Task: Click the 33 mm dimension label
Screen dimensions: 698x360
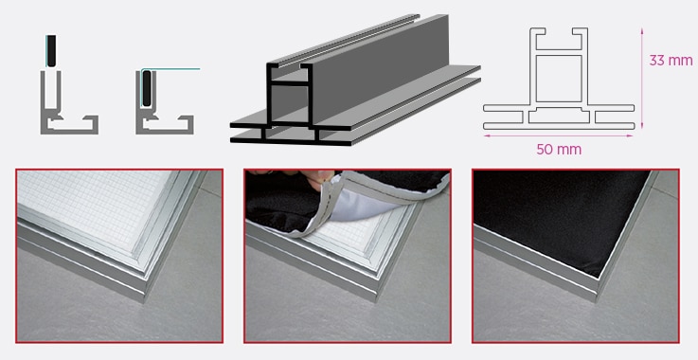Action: click(x=671, y=60)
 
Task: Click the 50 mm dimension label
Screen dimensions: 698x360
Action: click(x=559, y=150)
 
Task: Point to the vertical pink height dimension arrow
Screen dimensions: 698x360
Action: click(x=642, y=79)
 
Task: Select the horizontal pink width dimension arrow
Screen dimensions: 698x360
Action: click(x=559, y=135)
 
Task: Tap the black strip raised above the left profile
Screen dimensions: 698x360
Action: click(x=52, y=51)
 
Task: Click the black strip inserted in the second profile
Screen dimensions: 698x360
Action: click(x=147, y=89)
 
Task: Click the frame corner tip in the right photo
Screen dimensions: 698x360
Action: click(x=597, y=301)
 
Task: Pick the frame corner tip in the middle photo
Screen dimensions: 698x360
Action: click(x=378, y=301)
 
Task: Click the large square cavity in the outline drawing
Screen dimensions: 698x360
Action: click(x=559, y=79)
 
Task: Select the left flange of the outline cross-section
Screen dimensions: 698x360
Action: click(x=503, y=117)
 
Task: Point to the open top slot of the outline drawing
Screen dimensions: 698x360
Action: click(x=559, y=38)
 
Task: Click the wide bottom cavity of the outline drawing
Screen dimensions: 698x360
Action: click(x=559, y=117)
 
